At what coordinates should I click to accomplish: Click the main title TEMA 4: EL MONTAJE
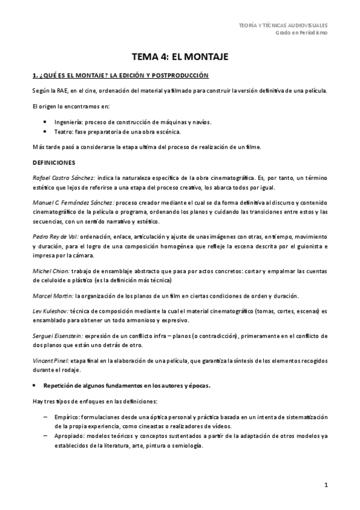(x=180, y=57)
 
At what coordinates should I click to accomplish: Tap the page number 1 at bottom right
(x=325, y=485)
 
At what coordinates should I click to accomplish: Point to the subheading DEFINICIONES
(x=55, y=162)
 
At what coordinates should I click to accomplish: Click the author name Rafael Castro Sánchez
(x=63, y=179)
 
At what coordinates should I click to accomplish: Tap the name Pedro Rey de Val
(x=55, y=238)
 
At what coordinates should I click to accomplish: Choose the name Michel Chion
(x=50, y=271)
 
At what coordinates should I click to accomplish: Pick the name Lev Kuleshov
(x=50, y=312)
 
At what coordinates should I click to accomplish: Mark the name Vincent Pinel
(x=51, y=360)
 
